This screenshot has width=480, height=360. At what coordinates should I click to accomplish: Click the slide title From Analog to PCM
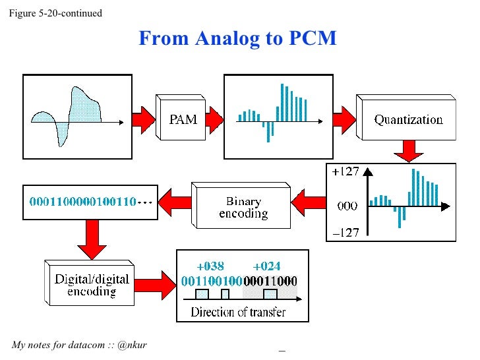237,39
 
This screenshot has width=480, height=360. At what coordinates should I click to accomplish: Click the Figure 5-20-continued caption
55,13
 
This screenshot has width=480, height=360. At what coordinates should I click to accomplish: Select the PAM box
183,119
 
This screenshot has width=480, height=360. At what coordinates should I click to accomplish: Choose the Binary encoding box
243,207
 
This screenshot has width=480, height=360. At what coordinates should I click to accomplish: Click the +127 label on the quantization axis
345,172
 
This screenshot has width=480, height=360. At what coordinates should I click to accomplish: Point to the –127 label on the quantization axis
345,231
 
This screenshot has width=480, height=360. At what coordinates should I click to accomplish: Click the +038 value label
210,266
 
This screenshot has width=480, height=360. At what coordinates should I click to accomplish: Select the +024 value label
267,266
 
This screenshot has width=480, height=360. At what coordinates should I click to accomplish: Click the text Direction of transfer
238,311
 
